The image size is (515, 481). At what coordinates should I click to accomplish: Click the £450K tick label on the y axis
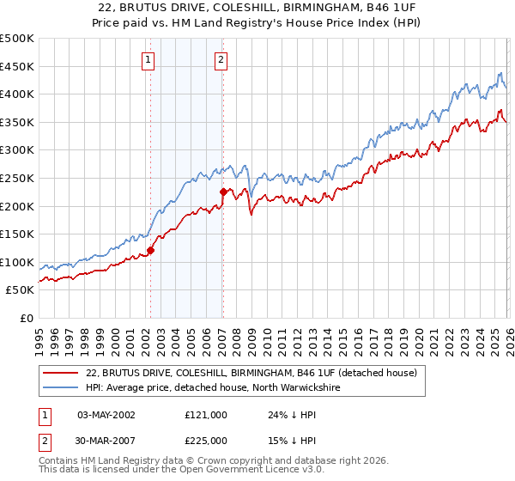(x=17, y=66)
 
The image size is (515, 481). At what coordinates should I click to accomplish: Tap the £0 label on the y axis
(x=27, y=318)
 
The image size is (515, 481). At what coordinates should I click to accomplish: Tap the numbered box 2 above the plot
(x=221, y=59)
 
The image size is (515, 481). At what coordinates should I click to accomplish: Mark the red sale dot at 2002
(x=150, y=251)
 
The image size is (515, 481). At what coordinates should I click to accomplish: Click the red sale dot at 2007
(x=223, y=192)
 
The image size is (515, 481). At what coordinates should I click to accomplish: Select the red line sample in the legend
(x=60, y=373)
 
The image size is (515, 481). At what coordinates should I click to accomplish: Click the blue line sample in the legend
(x=60, y=387)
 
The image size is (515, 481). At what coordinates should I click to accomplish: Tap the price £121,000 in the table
(x=205, y=414)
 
